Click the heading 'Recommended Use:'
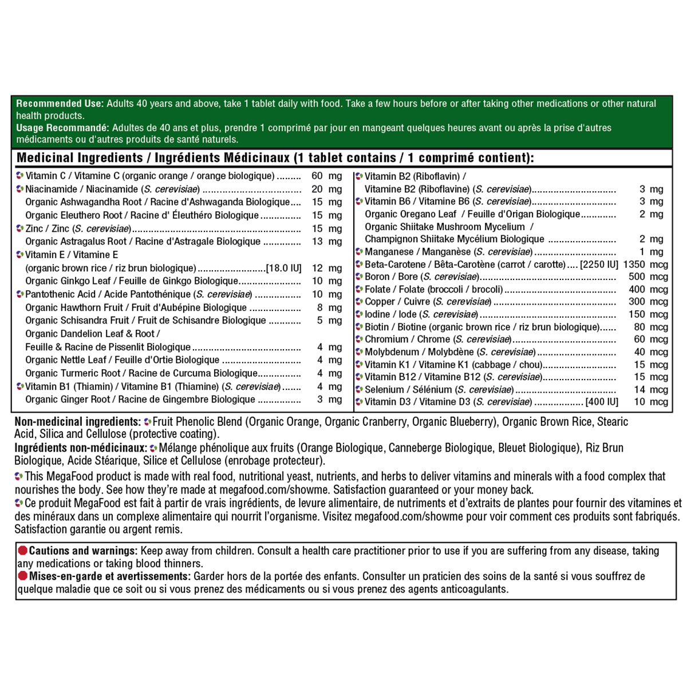pos(60,104)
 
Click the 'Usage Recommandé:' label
pos(62,128)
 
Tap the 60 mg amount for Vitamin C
pos(326,176)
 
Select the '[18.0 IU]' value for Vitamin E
pos(283,268)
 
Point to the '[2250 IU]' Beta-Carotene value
pos(599,264)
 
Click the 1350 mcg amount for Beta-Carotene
pos(645,264)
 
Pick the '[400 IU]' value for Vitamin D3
pos(602,402)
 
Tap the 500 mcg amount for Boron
pos(648,277)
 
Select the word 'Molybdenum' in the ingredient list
pos(392,352)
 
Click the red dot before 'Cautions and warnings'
pos(23,551)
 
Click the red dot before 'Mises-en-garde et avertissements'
pos(23,577)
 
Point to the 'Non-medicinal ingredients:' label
pos(78,422)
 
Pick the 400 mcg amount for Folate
pos(648,290)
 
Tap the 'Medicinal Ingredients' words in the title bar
pos(80,158)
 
